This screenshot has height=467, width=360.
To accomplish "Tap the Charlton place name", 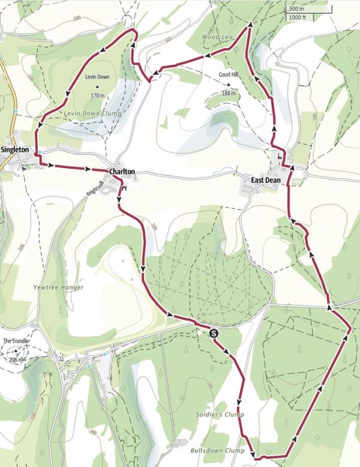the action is (x=122, y=172).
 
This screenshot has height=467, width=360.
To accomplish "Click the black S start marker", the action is (x=215, y=331).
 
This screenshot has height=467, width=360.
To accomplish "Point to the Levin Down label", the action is (x=97, y=77).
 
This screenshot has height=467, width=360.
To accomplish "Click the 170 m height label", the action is (x=98, y=95).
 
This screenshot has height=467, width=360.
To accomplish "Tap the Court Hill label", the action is (x=229, y=76).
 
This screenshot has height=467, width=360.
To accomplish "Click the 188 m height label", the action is (x=229, y=94).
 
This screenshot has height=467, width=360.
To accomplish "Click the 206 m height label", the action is (x=17, y=360).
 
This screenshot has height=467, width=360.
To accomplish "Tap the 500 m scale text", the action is (x=296, y=9).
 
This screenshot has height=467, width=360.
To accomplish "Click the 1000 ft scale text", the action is (x=297, y=17).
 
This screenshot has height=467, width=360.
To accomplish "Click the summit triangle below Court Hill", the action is (x=229, y=85).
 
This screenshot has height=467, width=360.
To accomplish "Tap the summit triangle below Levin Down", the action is (x=97, y=86).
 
